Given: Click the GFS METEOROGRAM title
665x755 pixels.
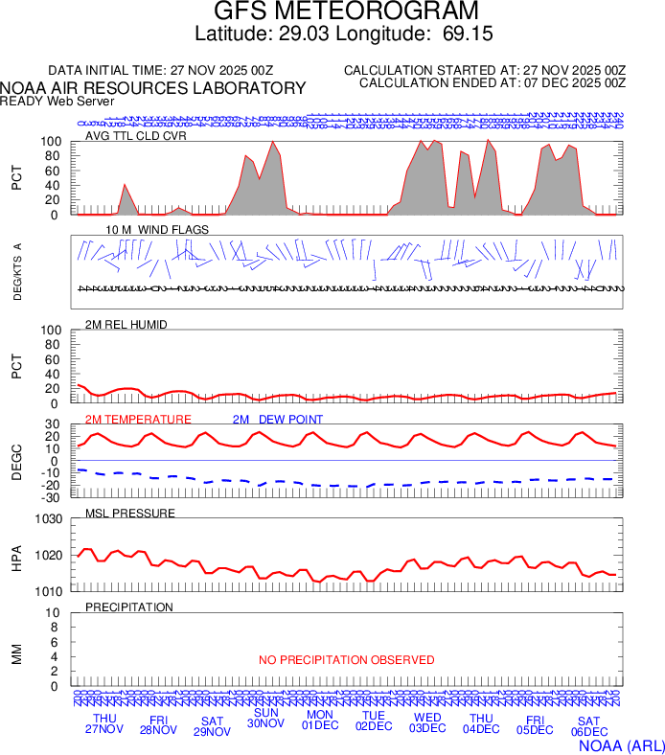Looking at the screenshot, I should coord(332,11).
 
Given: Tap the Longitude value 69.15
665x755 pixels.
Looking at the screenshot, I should coord(468,34).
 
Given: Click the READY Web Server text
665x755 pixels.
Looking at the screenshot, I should coord(57,101).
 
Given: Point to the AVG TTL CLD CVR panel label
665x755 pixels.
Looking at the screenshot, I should coord(135,136).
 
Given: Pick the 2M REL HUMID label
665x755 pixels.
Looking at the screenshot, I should coord(126,325).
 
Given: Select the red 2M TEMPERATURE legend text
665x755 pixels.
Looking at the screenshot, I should coord(138,420).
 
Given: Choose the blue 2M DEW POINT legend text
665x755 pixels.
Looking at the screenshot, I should coord(277,420).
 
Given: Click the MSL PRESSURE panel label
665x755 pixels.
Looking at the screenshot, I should coord(130,514).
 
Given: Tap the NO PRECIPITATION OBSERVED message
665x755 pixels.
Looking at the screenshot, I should coord(347,660).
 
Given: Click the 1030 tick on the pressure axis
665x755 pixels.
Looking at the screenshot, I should coord(49,520).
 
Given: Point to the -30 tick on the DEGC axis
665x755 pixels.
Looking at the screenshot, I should coord(52,497).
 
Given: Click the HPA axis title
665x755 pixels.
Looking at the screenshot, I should coord(16,556).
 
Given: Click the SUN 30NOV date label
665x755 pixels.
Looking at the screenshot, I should coord(265,718).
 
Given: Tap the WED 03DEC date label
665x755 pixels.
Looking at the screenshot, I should coord(427,723).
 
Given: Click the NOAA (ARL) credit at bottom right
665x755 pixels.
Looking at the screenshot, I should coord(621,744).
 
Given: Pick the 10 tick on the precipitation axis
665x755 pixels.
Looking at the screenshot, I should coord(55,613).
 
